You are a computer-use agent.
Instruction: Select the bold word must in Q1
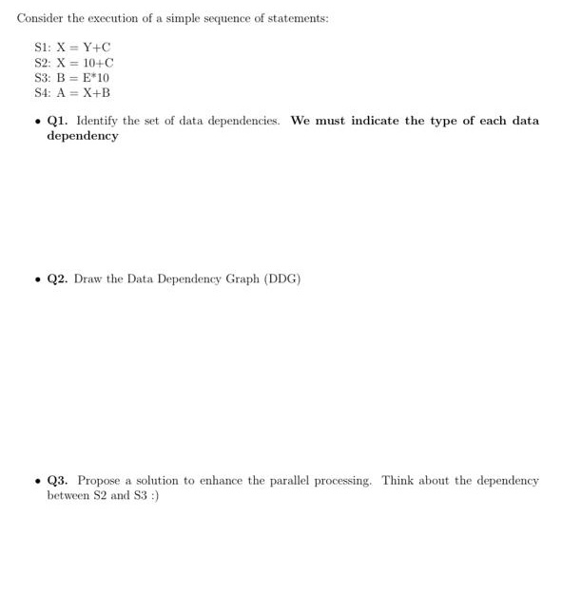pyautogui.click(x=328, y=121)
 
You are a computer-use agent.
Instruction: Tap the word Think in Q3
pyautogui.click(x=398, y=480)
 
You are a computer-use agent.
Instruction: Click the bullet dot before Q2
pyautogui.click(x=35, y=279)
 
